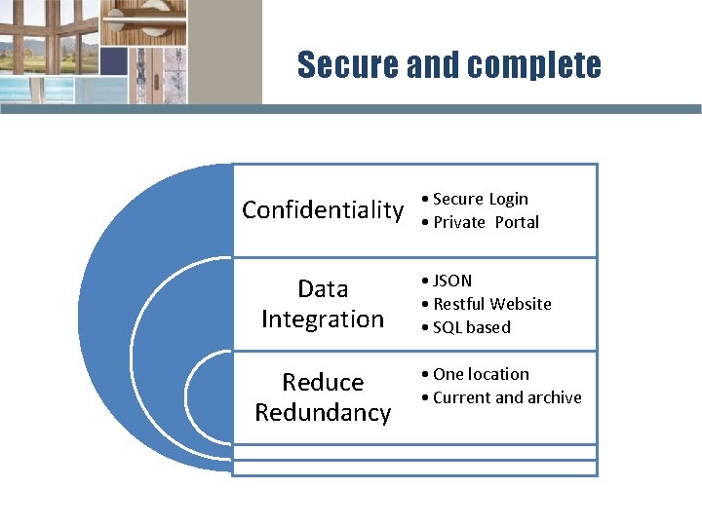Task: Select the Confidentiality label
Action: click(x=323, y=210)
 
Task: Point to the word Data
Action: click(x=323, y=289)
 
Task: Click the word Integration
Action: click(x=323, y=319)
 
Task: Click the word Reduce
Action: click(x=323, y=382)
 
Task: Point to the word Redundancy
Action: click(x=323, y=412)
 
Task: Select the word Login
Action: click(x=508, y=199)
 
